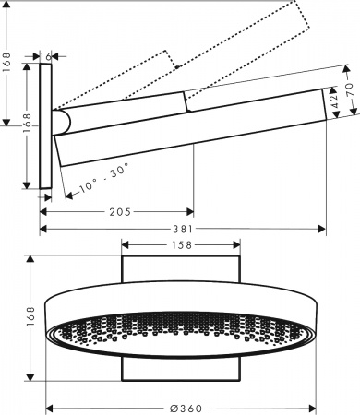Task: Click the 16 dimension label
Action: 47,56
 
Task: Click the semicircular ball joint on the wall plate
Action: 61,123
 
